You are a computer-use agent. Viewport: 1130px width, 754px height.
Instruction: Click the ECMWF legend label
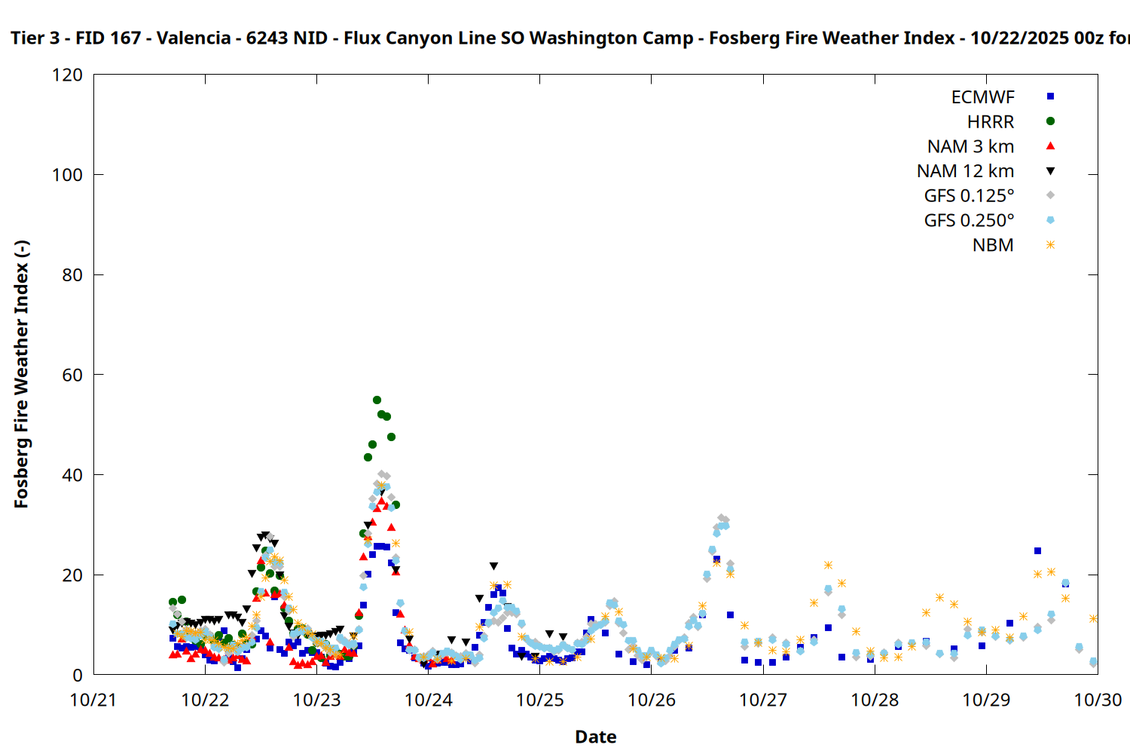pos(982,97)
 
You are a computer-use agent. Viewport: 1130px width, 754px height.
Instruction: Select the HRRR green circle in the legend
pos(1050,121)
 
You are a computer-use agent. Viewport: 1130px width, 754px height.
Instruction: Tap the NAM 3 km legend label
pos(970,146)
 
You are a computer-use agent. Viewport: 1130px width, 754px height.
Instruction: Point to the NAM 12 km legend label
pos(965,171)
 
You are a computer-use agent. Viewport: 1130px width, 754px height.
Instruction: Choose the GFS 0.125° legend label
pos(969,196)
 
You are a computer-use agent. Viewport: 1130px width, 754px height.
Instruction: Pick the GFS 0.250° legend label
pos(969,221)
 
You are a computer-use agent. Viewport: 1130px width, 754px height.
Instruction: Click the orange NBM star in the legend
pos(1050,245)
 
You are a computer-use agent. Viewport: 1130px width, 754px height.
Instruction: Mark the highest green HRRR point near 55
pos(377,400)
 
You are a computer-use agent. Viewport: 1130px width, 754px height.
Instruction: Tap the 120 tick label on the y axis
pos(68,75)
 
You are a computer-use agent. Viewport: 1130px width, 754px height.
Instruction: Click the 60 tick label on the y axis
pos(72,375)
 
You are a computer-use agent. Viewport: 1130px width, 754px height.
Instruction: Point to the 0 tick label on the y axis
pos(78,676)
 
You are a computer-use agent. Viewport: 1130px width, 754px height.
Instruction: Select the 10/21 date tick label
pos(93,700)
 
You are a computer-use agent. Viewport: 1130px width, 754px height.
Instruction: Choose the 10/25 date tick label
pos(540,700)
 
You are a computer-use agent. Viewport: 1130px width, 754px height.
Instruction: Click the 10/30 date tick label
pos(1098,700)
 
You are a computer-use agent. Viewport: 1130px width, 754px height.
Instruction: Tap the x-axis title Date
pos(595,737)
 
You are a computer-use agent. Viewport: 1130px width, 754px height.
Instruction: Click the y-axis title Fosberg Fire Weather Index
pos(21,375)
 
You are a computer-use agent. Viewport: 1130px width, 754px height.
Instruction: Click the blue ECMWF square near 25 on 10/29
pos(1037,551)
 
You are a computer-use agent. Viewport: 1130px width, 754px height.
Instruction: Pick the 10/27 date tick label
pos(763,700)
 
